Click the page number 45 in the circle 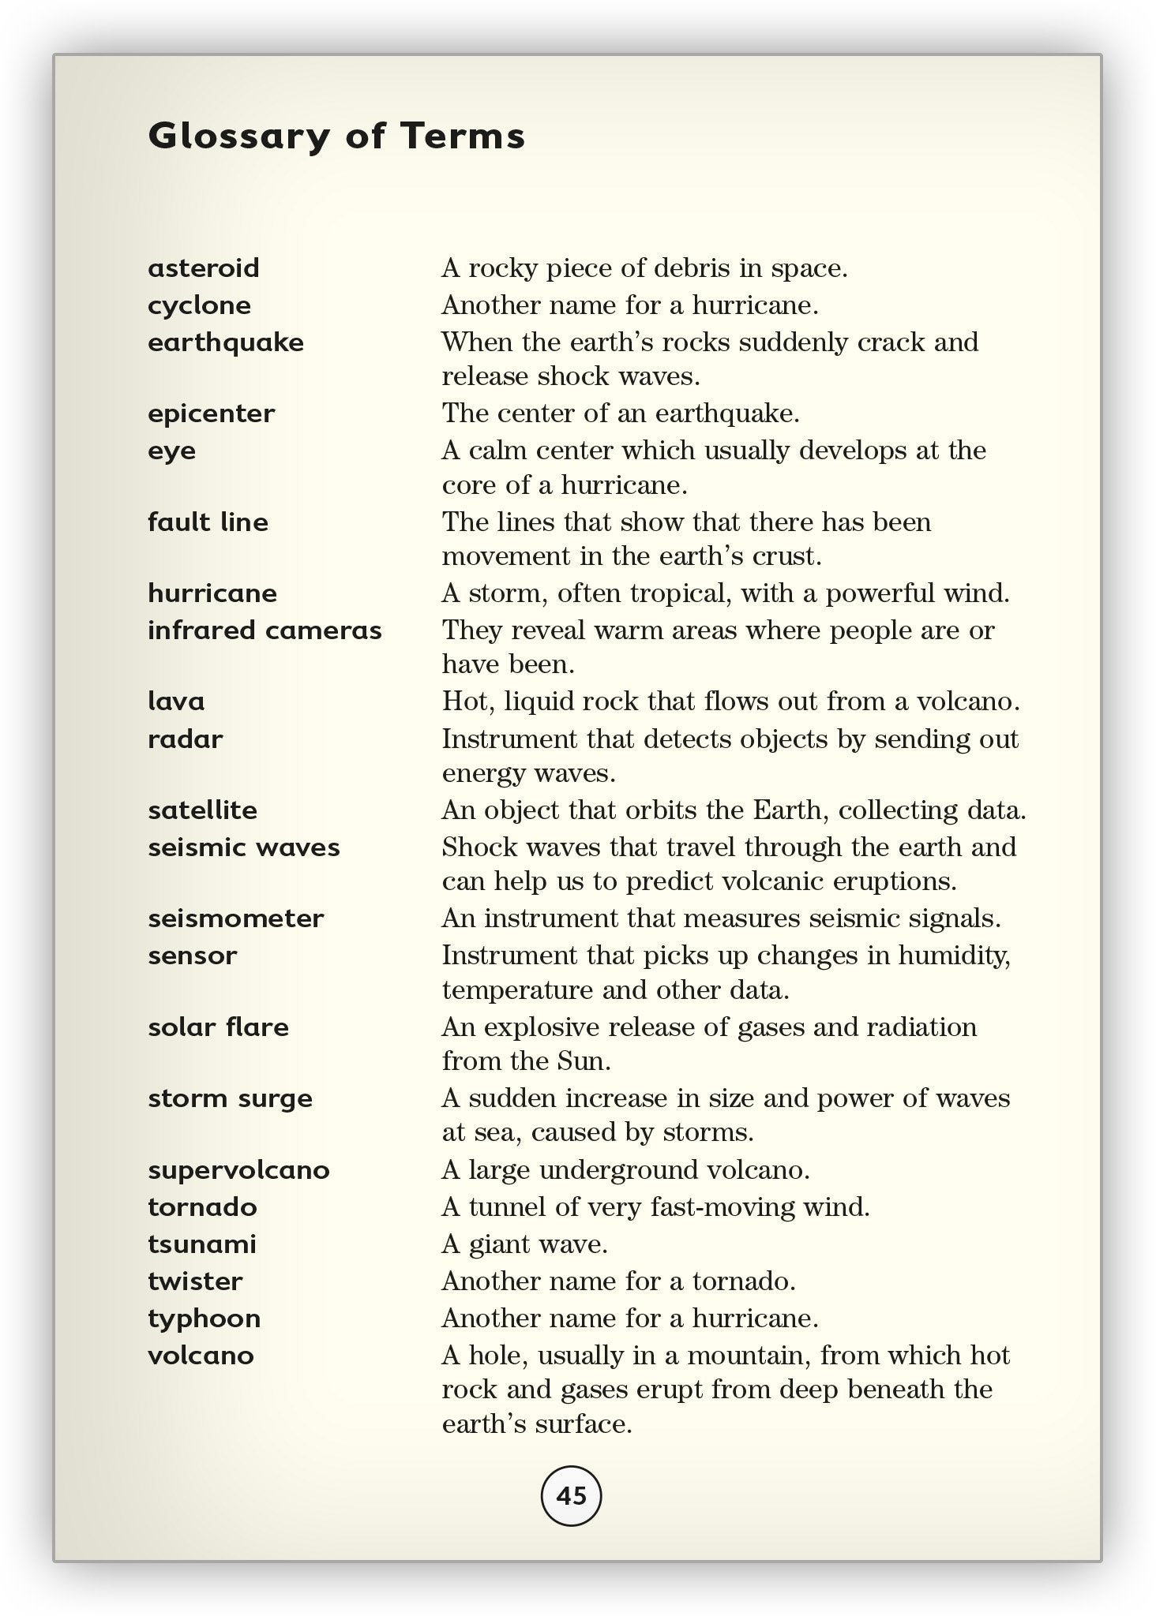pyautogui.click(x=571, y=1495)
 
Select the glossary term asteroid pyautogui.click(x=204, y=268)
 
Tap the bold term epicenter pyautogui.click(x=211, y=413)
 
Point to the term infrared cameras pyautogui.click(x=265, y=630)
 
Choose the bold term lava pyautogui.click(x=176, y=701)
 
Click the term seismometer pyautogui.click(x=235, y=918)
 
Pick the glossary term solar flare pyautogui.click(x=218, y=1027)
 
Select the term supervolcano pyautogui.click(x=238, y=1169)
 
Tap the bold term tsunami pyautogui.click(x=202, y=1244)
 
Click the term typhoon pyautogui.click(x=204, y=1319)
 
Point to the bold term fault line pyautogui.click(x=208, y=522)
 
